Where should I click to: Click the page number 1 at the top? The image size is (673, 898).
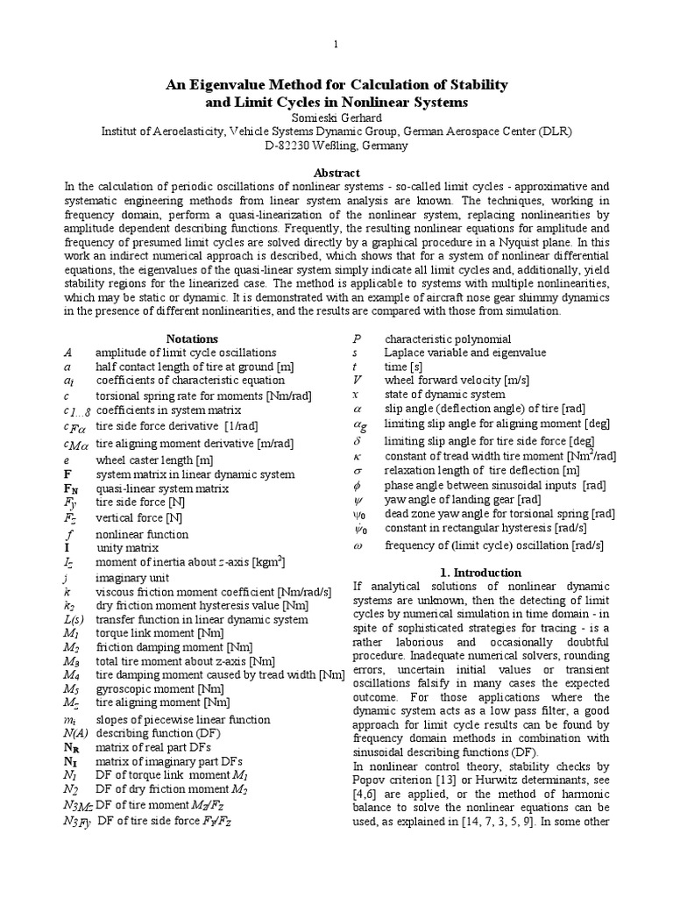click(336, 45)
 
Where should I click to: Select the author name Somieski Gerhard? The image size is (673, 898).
click(336, 117)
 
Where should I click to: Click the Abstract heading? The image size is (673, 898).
click(336, 173)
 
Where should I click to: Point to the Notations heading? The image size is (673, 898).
click(192, 339)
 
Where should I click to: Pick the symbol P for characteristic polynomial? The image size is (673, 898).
click(357, 339)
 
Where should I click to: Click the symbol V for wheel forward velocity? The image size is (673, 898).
click(357, 380)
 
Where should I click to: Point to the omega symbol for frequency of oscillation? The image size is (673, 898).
click(357, 545)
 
